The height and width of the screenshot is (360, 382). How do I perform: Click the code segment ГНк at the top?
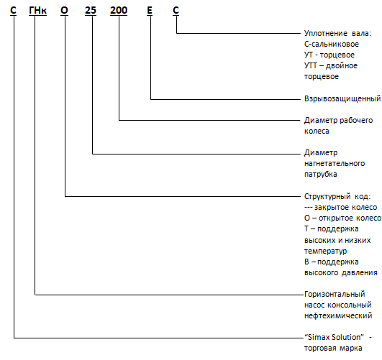tap(37, 10)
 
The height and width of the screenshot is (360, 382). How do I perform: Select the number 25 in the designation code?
tap(91, 10)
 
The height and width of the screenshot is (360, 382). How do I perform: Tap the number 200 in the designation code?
tap(119, 10)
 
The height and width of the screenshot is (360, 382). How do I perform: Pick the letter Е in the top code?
tap(150, 10)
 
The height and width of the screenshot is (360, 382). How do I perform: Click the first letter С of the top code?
tap(13, 10)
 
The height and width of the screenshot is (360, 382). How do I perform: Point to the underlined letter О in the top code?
tap(64, 10)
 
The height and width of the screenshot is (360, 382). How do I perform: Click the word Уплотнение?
tap(322, 33)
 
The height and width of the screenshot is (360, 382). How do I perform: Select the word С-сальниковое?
tap(332, 44)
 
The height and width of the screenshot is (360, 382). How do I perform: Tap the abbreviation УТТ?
tap(311, 65)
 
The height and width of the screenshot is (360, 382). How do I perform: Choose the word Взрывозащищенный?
tap(342, 98)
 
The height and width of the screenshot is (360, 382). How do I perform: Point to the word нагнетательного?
tap(335, 163)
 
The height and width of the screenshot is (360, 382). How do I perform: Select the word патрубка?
tap(321, 175)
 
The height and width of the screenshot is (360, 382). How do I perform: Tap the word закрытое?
tap(330, 208)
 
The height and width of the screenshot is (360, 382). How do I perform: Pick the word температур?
tap(325, 251)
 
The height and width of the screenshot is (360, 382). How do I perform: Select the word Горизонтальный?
tap(335, 295)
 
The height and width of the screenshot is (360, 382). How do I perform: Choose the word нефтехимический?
tap(338, 315)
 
